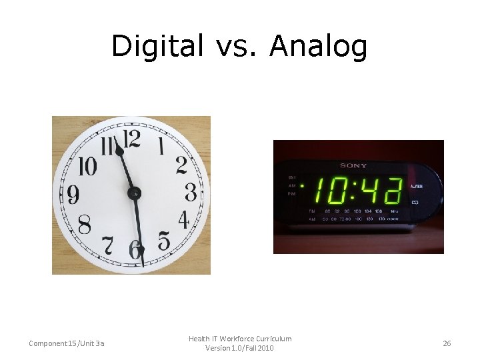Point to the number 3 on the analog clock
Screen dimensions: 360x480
click(191, 193)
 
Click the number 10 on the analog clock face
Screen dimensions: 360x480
click(87, 165)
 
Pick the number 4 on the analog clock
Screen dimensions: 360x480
click(183, 220)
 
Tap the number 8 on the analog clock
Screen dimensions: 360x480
click(85, 225)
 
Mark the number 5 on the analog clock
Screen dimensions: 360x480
click(164, 241)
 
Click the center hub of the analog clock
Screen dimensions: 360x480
click(134, 193)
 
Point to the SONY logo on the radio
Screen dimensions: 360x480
click(353, 165)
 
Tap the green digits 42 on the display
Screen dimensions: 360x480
click(383, 192)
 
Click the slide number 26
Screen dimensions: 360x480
click(447, 343)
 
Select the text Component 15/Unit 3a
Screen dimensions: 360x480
click(67, 343)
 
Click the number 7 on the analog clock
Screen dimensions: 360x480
click(107, 245)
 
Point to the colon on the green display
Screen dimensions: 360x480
click(354, 192)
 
